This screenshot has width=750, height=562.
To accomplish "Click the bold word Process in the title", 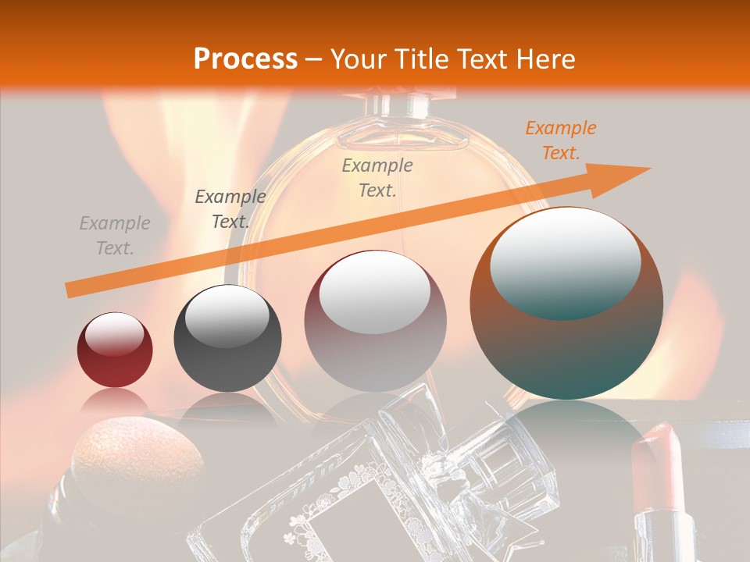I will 245,59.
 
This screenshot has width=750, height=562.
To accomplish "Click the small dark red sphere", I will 115,350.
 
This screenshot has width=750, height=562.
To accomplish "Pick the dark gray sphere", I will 227,338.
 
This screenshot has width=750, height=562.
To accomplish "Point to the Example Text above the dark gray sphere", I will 230,209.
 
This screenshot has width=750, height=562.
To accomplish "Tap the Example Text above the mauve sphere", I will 377,177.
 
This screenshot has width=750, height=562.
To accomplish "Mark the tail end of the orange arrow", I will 70,290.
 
